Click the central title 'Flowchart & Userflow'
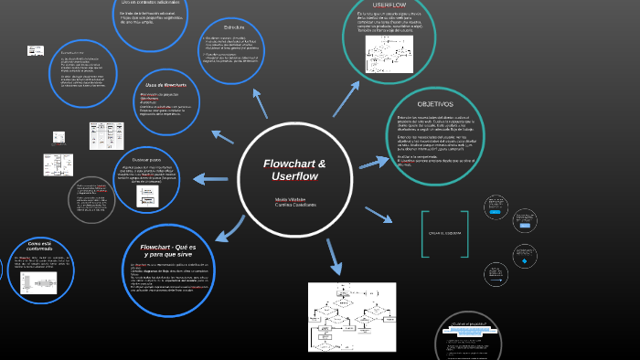pyautogui.click(x=294, y=169)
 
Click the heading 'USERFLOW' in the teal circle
pyautogui.click(x=389, y=5)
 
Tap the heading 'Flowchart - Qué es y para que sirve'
pyautogui.click(x=167, y=250)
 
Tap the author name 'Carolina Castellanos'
pyautogui.click(x=295, y=205)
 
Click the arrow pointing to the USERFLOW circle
pyautogui.click(x=346, y=99)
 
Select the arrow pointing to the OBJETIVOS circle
pyautogui.click(x=374, y=163)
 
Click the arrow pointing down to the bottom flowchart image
pyautogui.click(x=334, y=257)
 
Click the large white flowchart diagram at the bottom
pyautogui.click(x=352, y=316)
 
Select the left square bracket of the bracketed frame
pyautogui.click(x=424, y=234)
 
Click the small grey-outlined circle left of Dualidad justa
pyautogui.click(x=91, y=200)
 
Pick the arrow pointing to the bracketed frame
pyautogui.click(x=379, y=215)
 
